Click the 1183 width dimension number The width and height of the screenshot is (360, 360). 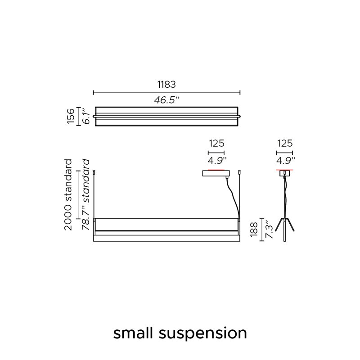click(166, 85)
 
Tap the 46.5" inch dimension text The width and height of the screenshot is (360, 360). click(166, 100)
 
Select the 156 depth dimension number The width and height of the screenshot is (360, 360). click(71, 116)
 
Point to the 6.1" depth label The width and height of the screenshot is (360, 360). click(86, 116)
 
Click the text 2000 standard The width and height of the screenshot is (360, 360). click(68, 195)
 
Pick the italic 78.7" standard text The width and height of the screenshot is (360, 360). click(85, 195)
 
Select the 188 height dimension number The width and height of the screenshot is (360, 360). click(254, 229)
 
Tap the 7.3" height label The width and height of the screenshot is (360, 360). click(269, 229)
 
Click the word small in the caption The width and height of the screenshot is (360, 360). click(133, 333)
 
